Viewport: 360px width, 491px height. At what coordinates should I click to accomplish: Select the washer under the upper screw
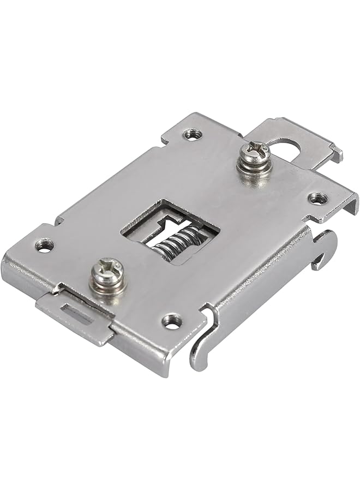click(x=254, y=164)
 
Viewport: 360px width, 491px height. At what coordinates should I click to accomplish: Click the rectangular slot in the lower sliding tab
click(x=78, y=313)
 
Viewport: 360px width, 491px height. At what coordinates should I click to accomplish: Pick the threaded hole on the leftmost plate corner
click(x=44, y=246)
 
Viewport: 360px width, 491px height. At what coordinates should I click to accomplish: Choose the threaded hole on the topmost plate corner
click(x=190, y=134)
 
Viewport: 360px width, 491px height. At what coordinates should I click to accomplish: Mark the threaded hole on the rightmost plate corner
click(x=318, y=198)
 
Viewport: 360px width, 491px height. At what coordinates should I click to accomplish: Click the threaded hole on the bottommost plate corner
click(x=172, y=322)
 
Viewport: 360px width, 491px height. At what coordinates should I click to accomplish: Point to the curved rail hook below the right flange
click(x=325, y=248)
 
